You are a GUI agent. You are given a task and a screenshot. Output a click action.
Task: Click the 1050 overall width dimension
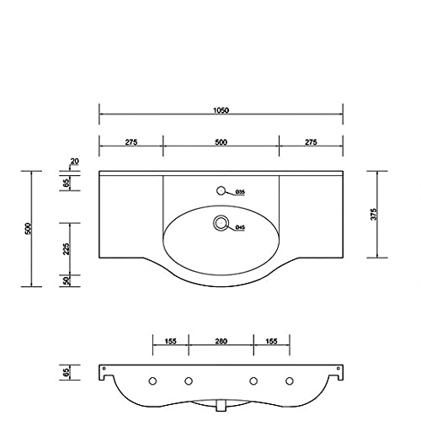[221, 110]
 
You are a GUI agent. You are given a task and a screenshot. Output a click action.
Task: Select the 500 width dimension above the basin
[221, 142]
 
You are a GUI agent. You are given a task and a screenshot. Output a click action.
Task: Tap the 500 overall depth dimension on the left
[28, 229]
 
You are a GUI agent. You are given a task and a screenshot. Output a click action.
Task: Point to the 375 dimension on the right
[374, 214]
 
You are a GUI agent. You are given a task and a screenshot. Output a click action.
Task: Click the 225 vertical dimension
[67, 249]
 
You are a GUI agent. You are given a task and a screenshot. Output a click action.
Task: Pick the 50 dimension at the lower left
[67, 280]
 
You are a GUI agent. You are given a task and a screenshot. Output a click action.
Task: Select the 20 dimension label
[75, 162]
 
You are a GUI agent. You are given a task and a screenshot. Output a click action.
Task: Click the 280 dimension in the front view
[221, 341]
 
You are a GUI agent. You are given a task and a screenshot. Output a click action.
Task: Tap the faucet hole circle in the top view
[221, 190]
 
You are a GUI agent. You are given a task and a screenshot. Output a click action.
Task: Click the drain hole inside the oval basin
[221, 223]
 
